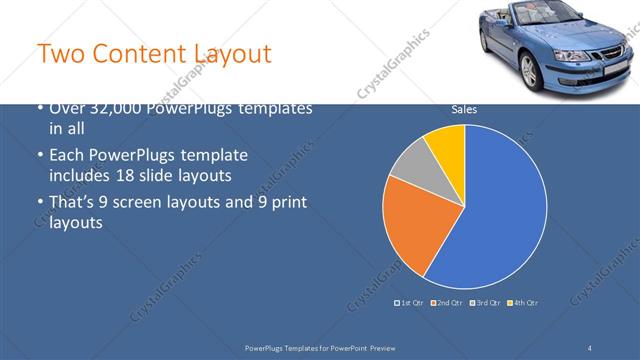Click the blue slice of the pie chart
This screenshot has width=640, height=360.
tap(500, 210)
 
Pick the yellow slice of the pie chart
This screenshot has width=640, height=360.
tap(447, 146)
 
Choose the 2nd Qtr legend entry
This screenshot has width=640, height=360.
tap(447, 302)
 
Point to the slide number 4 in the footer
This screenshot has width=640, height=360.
tap(590, 347)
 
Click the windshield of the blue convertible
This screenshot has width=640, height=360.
tap(530, 20)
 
